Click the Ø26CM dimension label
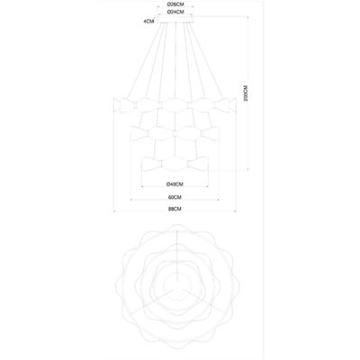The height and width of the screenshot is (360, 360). click(x=177, y=4)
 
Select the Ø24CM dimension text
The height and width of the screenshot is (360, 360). click(x=177, y=13)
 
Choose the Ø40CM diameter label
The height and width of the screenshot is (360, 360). click(x=176, y=184)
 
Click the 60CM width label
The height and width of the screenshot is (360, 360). click(x=176, y=197)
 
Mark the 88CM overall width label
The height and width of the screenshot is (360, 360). click(x=176, y=210)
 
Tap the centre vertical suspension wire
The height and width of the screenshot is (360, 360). click(x=177, y=63)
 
